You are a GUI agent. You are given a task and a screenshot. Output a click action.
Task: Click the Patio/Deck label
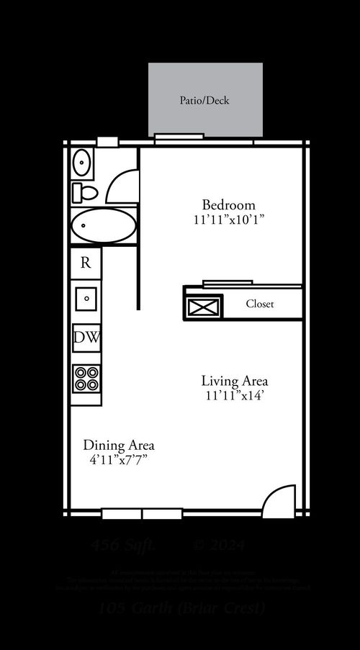pyautogui.click(x=204, y=100)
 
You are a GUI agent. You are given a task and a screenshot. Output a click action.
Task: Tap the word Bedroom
pyautogui.click(x=228, y=204)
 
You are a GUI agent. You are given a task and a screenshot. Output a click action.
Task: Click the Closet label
pyautogui.click(x=260, y=304)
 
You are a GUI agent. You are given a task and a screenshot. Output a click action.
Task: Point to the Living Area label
pyautogui.click(x=235, y=381)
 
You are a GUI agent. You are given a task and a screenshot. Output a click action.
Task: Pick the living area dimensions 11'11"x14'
pyautogui.click(x=235, y=395)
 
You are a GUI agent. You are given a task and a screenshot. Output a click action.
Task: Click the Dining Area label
pyautogui.click(x=119, y=445)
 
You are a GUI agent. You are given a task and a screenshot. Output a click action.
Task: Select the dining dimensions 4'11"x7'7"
pyautogui.click(x=119, y=459)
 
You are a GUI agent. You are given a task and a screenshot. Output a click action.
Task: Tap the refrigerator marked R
pyautogui.click(x=86, y=263)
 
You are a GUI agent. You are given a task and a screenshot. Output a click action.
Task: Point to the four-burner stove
pyautogui.click(x=86, y=379)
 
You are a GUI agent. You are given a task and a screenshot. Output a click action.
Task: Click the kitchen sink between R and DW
pyautogui.click(x=86, y=297)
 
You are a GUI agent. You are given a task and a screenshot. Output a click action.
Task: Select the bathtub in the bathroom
pyautogui.click(x=104, y=226)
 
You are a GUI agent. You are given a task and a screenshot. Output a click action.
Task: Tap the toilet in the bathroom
pyautogui.click(x=85, y=192)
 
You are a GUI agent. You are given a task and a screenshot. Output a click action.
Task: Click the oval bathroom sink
pyautogui.click(x=82, y=163)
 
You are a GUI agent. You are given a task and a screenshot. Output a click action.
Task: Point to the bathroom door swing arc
pyautogui.click(x=121, y=187)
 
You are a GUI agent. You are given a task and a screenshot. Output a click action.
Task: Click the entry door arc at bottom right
pyautogui.click(x=279, y=502)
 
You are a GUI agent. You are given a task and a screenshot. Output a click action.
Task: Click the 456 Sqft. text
pyautogui.click(x=122, y=546)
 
